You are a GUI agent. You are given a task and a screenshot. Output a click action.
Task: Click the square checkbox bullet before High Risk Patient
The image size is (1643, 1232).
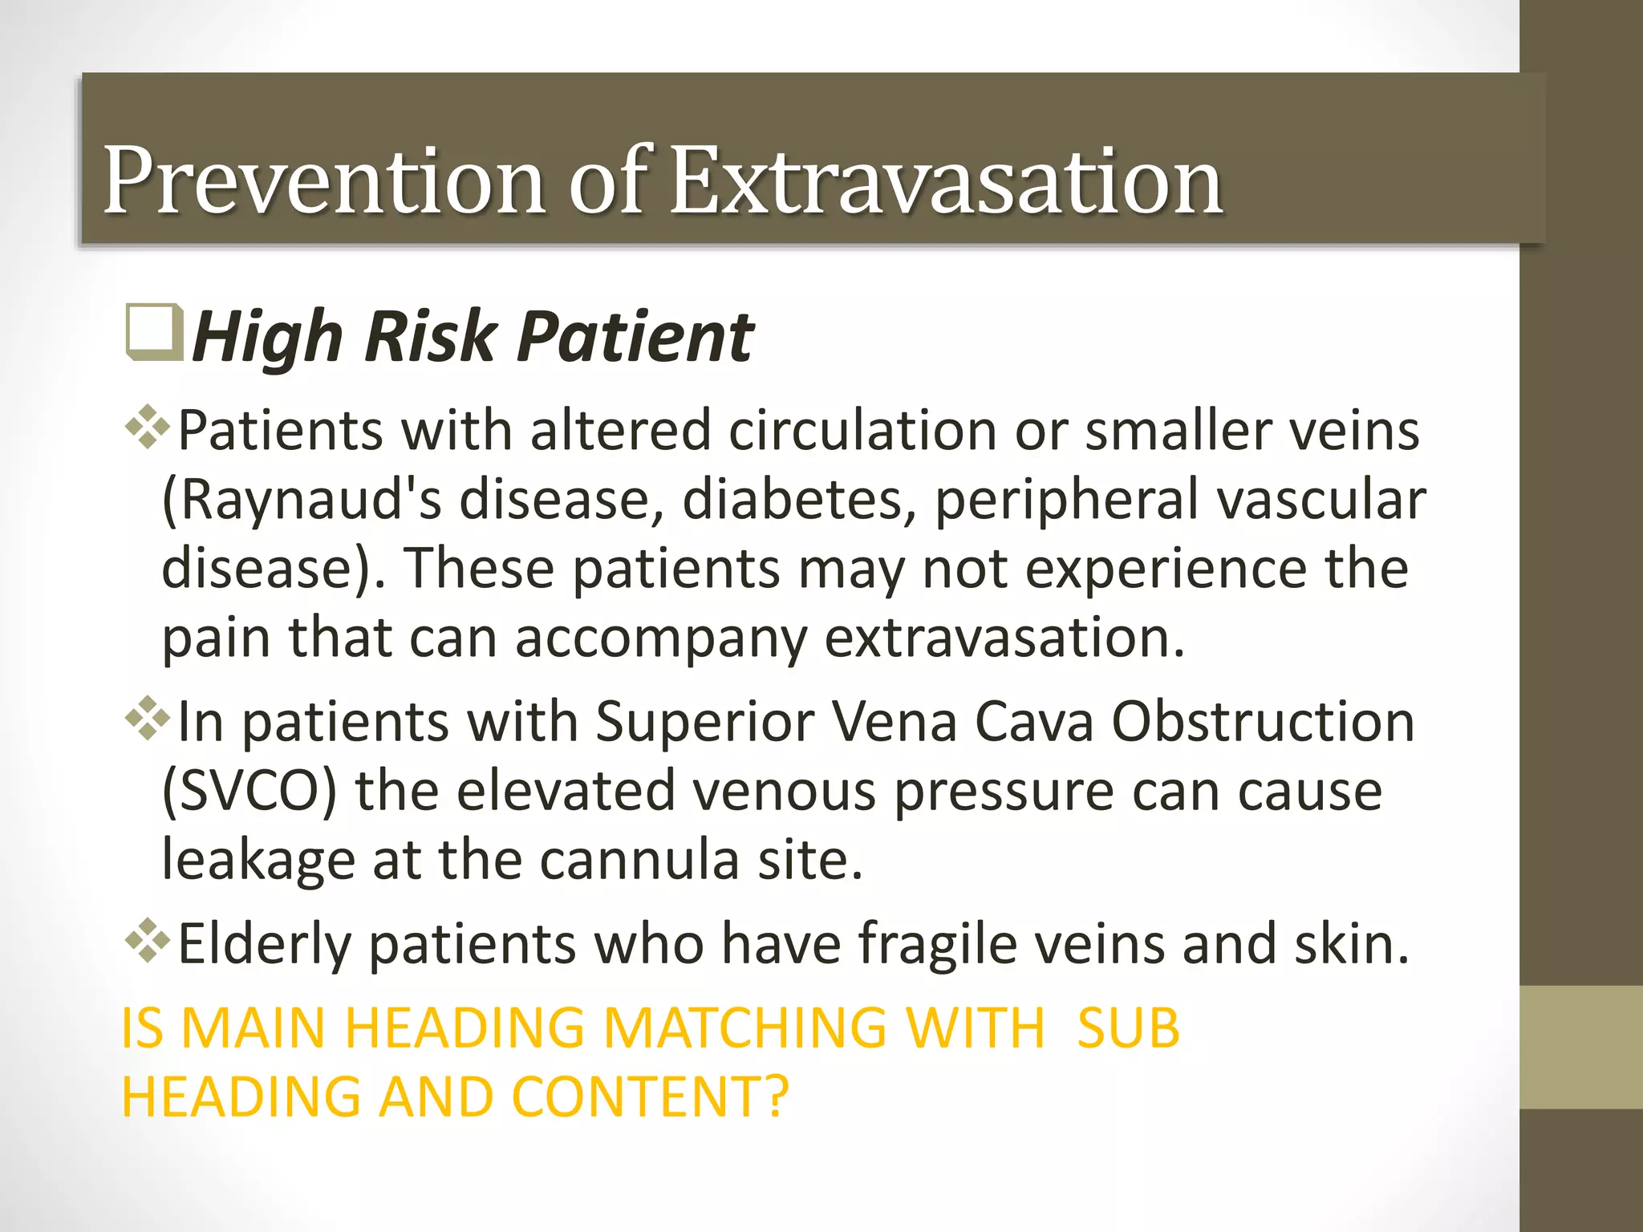click(153, 331)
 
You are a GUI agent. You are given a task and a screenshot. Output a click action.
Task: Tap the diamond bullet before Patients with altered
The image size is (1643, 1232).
click(148, 427)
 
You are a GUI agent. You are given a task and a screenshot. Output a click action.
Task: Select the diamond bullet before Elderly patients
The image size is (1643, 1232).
click(148, 939)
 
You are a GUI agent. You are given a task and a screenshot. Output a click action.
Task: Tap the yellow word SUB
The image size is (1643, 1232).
click(1127, 1027)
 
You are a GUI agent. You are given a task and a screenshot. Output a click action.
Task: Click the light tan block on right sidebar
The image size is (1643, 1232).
click(1580, 1047)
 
